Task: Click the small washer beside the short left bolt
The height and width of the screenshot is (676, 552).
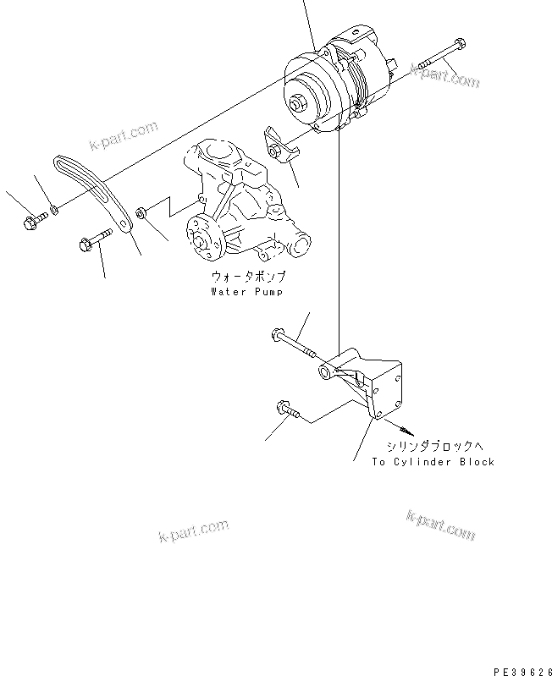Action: [53, 208]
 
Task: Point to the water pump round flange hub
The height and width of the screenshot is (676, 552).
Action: [203, 234]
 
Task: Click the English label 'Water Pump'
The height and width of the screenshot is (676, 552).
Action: [247, 292]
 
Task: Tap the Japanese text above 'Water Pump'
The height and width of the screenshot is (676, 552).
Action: [247, 277]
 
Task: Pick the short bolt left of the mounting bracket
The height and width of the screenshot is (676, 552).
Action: [288, 411]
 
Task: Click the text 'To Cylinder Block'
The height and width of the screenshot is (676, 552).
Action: [433, 462]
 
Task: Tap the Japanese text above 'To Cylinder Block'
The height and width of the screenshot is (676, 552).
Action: [433, 446]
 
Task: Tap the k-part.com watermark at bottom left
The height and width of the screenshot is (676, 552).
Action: [193, 530]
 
